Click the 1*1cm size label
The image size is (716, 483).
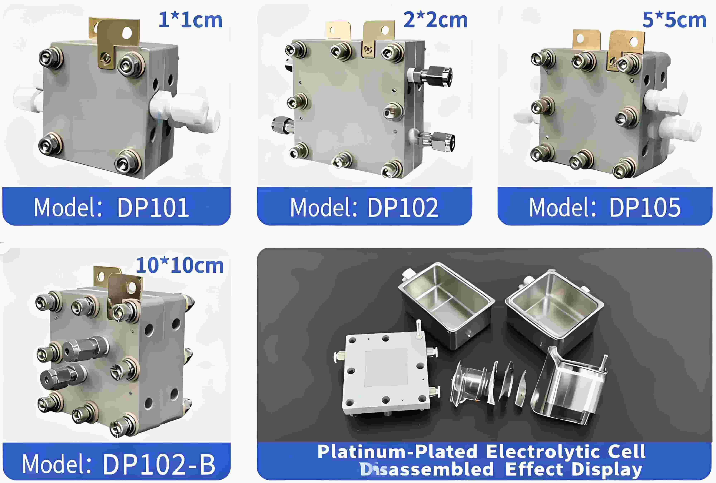[190, 20]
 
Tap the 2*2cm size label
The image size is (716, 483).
[435, 20]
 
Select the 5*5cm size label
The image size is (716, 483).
[674, 20]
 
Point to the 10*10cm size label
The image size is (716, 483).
[180, 266]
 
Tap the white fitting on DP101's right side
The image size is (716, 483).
[185, 111]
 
